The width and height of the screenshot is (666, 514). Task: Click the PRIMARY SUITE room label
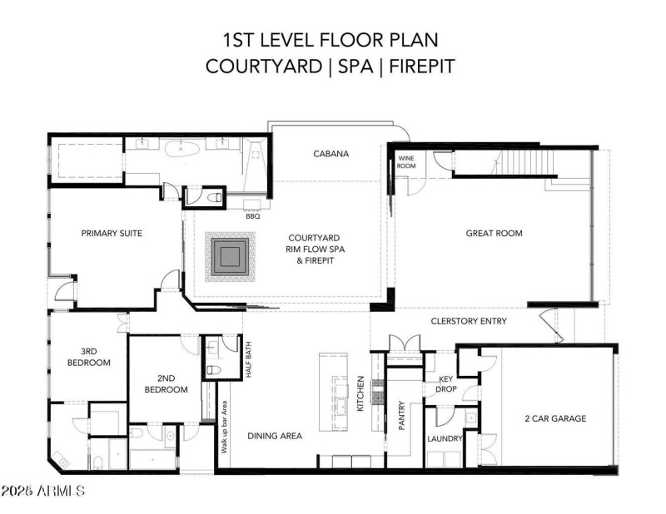pos(112,234)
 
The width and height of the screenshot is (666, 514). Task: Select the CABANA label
pos(331,154)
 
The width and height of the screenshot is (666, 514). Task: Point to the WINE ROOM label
pos(407,161)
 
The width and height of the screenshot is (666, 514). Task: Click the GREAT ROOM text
pos(494,234)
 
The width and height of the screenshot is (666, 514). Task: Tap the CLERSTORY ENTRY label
pos(469,322)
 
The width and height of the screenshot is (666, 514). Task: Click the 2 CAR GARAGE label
pos(555,418)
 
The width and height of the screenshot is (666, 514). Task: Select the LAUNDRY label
pos(445,438)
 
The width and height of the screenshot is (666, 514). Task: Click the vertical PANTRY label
pos(401,413)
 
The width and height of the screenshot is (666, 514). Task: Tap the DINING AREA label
pos(275,435)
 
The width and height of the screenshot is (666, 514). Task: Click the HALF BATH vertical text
pos(248,359)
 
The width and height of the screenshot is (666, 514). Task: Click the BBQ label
pos(253,216)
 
